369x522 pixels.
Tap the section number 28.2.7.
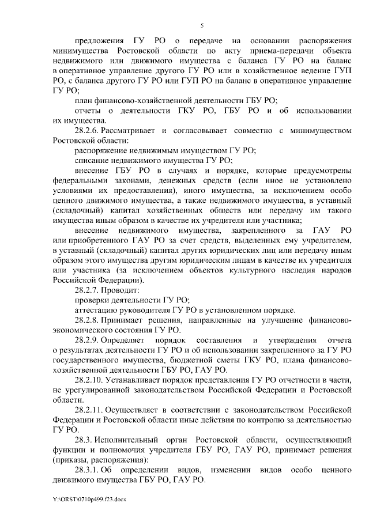92,289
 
